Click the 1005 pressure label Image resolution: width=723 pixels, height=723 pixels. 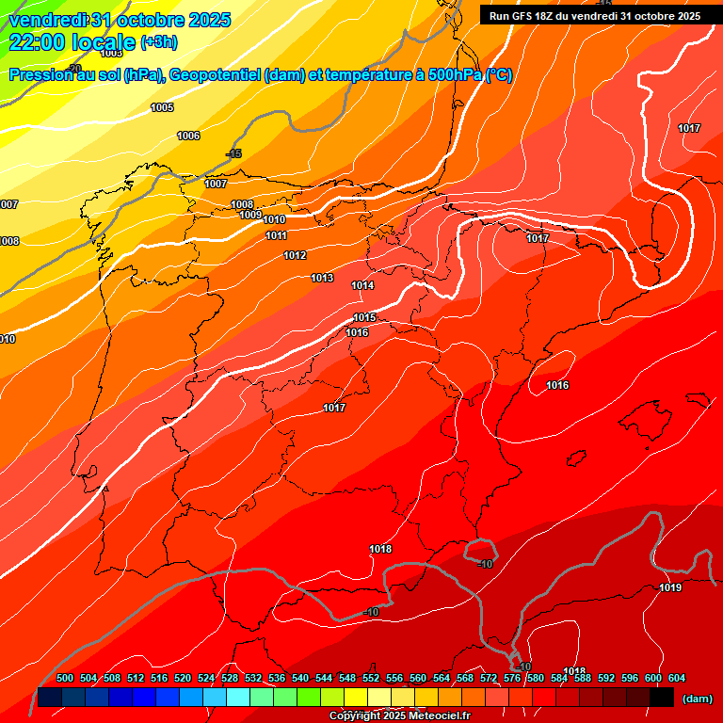[x=162, y=108]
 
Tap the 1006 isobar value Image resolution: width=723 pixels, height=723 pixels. [x=188, y=137]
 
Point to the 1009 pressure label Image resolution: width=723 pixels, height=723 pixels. [x=249, y=216]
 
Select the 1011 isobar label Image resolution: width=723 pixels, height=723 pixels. [x=276, y=235]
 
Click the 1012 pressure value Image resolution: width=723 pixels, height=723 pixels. [x=295, y=256]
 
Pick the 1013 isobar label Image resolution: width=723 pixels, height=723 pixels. [x=322, y=278]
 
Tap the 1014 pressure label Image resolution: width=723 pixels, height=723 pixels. [x=362, y=285]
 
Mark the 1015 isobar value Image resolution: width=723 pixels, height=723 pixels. [x=364, y=318]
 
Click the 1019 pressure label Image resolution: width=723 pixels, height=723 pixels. [x=670, y=588]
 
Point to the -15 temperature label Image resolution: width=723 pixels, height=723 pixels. [x=233, y=153]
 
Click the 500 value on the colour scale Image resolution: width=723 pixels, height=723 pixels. [x=65, y=678]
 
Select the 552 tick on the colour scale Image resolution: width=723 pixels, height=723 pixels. [x=371, y=678]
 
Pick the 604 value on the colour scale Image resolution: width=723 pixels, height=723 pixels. [x=676, y=678]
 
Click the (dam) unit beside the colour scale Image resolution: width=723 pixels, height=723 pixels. [x=697, y=698]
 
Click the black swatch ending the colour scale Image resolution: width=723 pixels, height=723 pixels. [x=661, y=697]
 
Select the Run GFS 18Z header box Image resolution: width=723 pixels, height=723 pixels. [x=594, y=16]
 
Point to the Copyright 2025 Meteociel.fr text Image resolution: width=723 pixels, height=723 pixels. [x=399, y=715]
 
